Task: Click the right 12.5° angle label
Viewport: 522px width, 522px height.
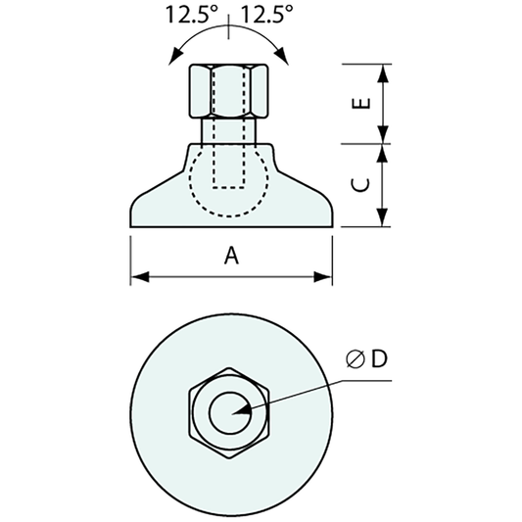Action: [x=267, y=15]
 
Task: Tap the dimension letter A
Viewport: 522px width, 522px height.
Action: [x=231, y=256]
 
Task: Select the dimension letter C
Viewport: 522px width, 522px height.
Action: [x=359, y=185]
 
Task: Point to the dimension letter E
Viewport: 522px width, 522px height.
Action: [x=359, y=104]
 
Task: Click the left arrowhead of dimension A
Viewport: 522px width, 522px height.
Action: [x=138, y=278]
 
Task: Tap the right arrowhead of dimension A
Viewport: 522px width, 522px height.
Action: [x=324, y=278]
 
